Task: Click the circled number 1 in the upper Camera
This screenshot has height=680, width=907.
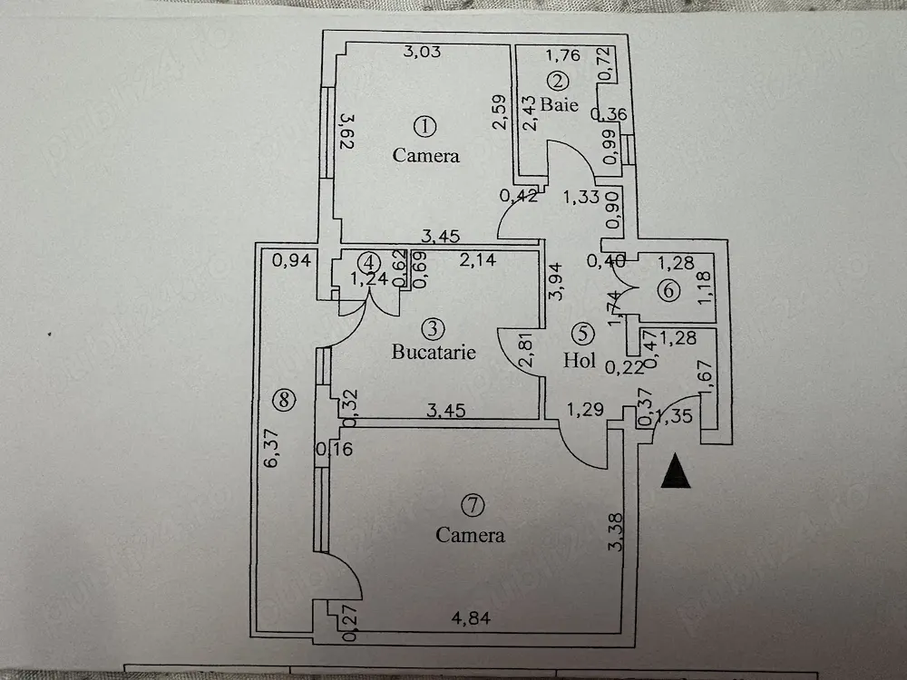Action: click(x=425, y=126)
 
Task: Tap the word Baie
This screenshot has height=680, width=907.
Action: click(x=560, y=104)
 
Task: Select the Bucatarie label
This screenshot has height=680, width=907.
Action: click(x=434, y=352)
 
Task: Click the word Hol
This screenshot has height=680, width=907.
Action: click(x=580, y=360)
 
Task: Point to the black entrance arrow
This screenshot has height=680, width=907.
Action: click(x=675, y=471)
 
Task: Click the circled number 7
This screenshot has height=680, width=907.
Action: click(x=473, y=505)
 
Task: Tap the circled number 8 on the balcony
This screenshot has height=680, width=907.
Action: click(x=284, y=400)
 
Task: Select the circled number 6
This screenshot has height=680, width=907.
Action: click(x=668, y=290)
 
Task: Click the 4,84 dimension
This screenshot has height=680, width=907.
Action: click(x=471, y=618)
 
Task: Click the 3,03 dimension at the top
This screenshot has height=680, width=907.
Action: click(x=422, y=52)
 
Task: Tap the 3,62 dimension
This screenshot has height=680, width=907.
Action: click(x=347, y=131)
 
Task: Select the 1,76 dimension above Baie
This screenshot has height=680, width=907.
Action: click(x=563, y=55)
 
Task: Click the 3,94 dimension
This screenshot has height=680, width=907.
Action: click(x=555, y=282)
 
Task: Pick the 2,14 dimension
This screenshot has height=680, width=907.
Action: click(x=478, y=259)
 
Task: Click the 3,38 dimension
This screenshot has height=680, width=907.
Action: click(x=617, y=532)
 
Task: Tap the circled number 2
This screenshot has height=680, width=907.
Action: click(x=558, y=81)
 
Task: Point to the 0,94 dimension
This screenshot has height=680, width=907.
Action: click(x=291, y=260)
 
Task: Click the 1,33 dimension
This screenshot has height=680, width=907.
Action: click(x=580, y=197)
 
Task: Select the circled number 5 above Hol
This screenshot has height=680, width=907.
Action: click(x=582, y=333)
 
